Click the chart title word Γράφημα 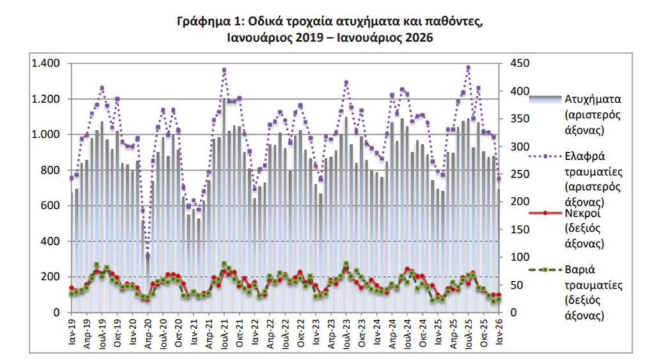coord(203,21)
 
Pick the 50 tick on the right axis coord(516,285)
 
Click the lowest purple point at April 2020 coord(148,256)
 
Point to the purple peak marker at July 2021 coord(224,70)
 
